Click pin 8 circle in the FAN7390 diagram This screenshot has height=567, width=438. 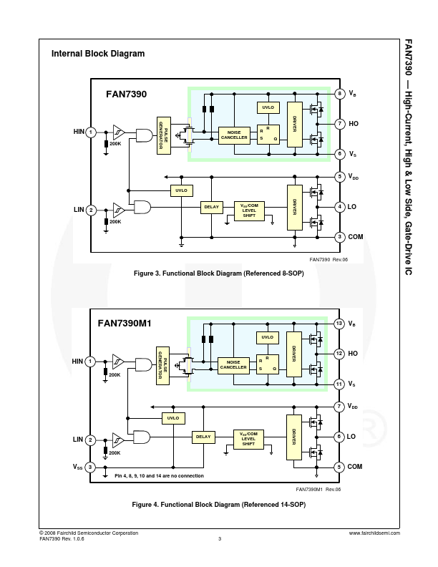tap(339, 94)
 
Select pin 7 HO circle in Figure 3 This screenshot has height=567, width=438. tap(339, 123)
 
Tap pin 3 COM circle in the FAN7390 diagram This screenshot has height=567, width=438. tap(339, 236)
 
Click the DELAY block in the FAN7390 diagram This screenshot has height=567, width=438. tap(211, 207)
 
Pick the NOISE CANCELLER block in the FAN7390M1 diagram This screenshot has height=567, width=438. tap(233, 364)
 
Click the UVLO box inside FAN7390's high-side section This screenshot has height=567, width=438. tap(268, 107)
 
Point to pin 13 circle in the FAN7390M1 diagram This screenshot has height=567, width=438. tap(339, 324)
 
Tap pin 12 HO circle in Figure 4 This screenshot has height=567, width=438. tap(339, 353)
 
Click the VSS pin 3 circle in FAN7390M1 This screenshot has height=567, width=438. tap(91, 467)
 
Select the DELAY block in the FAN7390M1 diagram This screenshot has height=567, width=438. tap(203, 436)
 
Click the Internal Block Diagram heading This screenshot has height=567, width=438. tap(98, 54)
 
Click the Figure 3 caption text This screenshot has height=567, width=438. tap(219, 273)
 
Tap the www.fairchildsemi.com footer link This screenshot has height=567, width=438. tap(374, 533)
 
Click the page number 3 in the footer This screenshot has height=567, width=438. tap(219, 539)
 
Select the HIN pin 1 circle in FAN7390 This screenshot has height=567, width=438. tap(91, 132)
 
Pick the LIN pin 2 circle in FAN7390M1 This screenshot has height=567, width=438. tap(91, 439)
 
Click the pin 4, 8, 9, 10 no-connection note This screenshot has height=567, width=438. tap(159, 476)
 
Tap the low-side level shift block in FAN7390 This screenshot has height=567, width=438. tap(249, 210)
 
